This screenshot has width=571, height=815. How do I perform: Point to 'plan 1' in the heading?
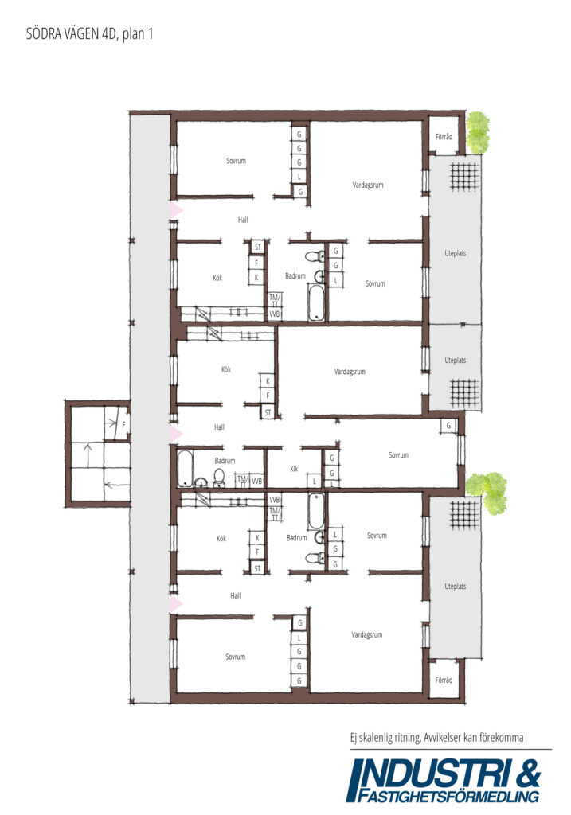(138, 35)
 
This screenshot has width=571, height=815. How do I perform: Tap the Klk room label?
(294, 469)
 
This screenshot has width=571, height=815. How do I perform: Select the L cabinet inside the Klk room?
(314, 482)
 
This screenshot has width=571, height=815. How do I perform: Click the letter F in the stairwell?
(123, 425)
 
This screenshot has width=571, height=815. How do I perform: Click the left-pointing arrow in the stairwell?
(117, 485)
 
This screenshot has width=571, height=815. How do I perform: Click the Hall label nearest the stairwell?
(220, 427)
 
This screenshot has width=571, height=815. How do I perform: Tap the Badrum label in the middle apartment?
(225, 461)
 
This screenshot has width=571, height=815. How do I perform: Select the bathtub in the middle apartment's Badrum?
(185, 468)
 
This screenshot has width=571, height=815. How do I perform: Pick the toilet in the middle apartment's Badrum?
(219, 478)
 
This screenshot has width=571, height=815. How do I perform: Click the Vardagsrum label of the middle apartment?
(350, 372)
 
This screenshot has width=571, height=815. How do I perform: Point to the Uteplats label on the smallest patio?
(455, 361)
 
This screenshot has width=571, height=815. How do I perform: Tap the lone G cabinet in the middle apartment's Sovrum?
(449, 426)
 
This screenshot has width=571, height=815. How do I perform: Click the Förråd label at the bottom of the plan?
(444, 680)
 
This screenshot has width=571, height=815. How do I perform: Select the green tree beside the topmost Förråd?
(477, 133)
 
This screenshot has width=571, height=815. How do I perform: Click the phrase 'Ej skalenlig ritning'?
(385, 738)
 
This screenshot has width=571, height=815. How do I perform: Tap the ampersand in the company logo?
(529, 774)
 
